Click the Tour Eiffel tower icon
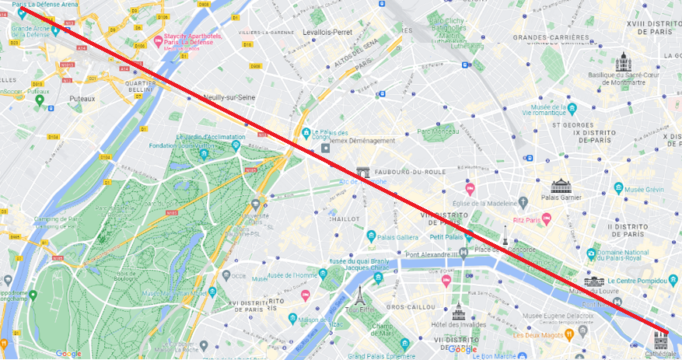tap(360, 295)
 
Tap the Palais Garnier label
tap(561, 197)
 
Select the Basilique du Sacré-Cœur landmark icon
tap(623, 62)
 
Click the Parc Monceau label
tap(440, 131)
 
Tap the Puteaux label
tap(82, 99)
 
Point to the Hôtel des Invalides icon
tap(458, 310)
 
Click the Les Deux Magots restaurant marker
tap(571, 334)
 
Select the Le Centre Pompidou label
tap(638, 281)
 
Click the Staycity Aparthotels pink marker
tap(159, 40)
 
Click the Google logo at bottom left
tap(68, 354)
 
